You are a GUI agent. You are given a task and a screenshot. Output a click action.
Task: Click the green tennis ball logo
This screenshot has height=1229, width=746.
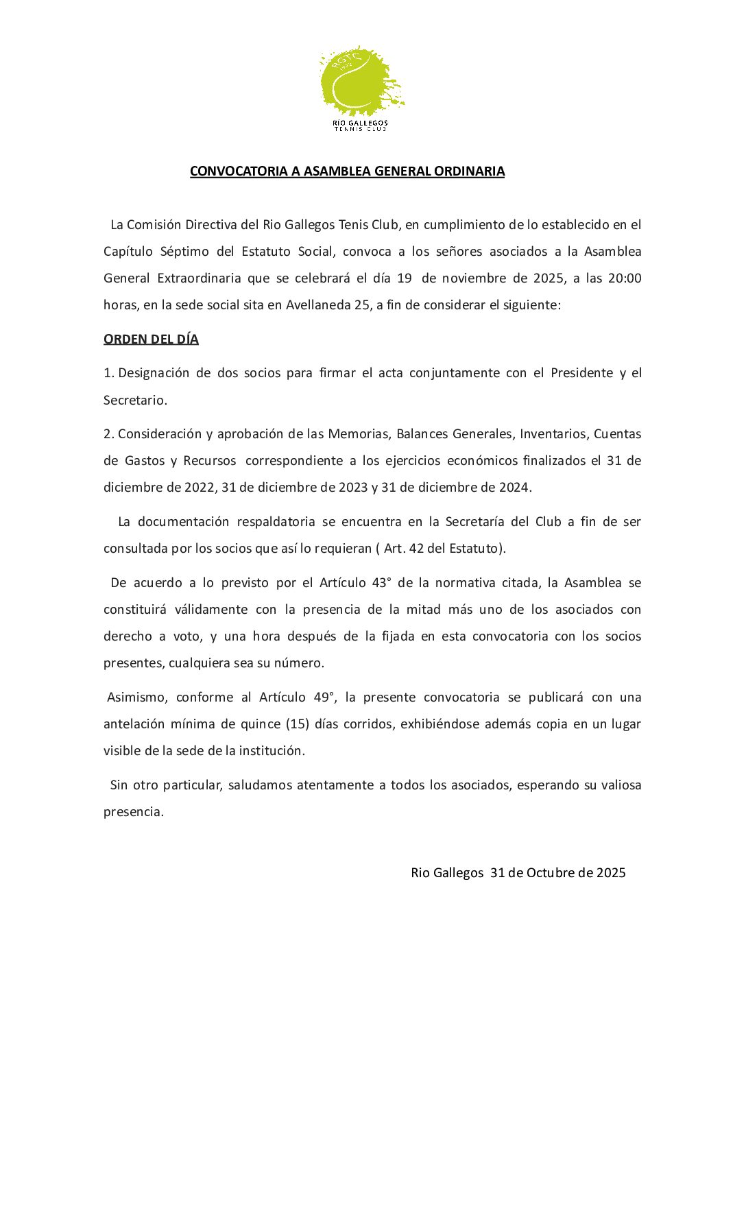361,82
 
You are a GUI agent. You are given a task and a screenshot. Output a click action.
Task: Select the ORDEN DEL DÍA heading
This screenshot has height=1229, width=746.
151,339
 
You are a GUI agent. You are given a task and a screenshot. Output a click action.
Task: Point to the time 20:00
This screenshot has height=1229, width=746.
625,278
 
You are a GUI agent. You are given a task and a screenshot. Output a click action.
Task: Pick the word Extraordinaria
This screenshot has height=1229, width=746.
199,278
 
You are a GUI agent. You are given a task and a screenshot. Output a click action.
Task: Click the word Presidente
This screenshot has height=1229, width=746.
581,373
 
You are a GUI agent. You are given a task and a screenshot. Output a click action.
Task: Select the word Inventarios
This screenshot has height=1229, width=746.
553,434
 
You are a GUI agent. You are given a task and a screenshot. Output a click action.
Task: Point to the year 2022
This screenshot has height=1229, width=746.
199,488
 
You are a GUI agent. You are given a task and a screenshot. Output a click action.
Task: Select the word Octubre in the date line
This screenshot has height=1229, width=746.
551,873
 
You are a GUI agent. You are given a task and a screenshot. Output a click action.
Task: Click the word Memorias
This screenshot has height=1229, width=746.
359,434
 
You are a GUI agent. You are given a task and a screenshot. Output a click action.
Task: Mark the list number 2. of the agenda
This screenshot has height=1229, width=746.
108,434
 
